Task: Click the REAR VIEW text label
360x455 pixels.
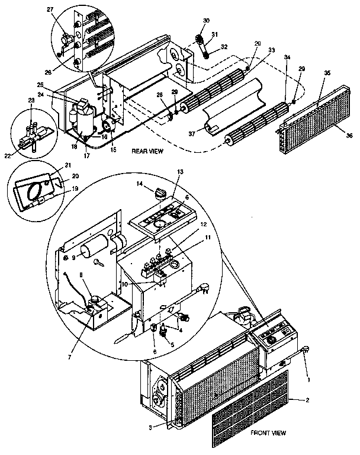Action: click(x=147, y=152)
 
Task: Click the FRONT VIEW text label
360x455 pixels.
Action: click(x=269, y=433)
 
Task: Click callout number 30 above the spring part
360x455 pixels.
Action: click(x=206, y=21)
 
